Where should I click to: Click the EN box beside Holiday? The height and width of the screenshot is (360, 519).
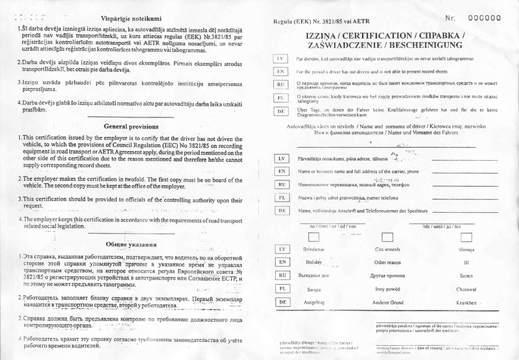pos(282,263)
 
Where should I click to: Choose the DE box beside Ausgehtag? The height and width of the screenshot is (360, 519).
pos(282,302)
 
